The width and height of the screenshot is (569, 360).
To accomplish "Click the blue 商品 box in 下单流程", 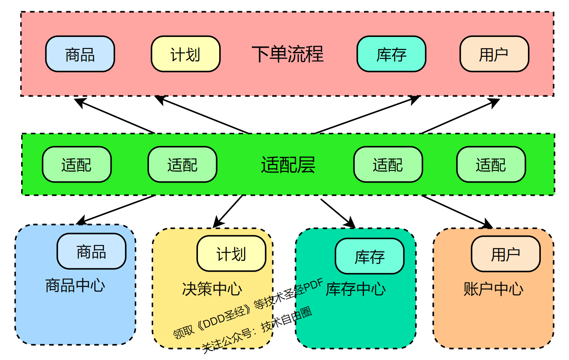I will coord(80,54).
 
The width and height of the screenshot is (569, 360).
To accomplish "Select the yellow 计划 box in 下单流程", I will coord(186,54).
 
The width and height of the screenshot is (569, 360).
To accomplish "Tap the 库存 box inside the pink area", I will coord(391,54).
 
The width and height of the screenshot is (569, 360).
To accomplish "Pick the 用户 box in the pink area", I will coord(494,54).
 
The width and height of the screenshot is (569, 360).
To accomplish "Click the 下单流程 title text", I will coord(288,54).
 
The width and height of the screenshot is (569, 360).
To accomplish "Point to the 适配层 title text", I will coord(288,165).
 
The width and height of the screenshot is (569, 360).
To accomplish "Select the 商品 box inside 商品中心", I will coord(91,251).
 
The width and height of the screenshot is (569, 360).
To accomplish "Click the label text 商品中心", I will coord(75,285).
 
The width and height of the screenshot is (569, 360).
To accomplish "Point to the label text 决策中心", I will coord(212,289).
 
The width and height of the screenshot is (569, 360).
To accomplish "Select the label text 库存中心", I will coord(356,289).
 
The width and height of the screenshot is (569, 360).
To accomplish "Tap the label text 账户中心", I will coord(493,289).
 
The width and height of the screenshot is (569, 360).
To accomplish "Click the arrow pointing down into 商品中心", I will coord(116,209).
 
